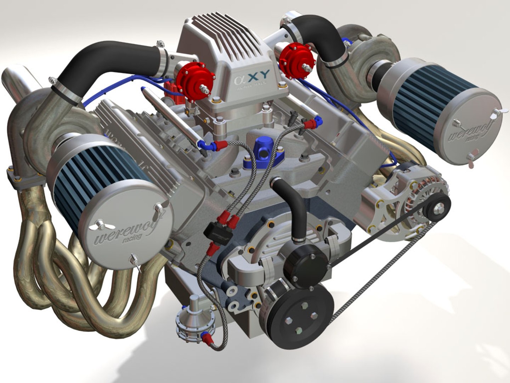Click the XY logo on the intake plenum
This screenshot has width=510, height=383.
point(252,76)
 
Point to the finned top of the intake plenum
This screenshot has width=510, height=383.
point(227,39)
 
